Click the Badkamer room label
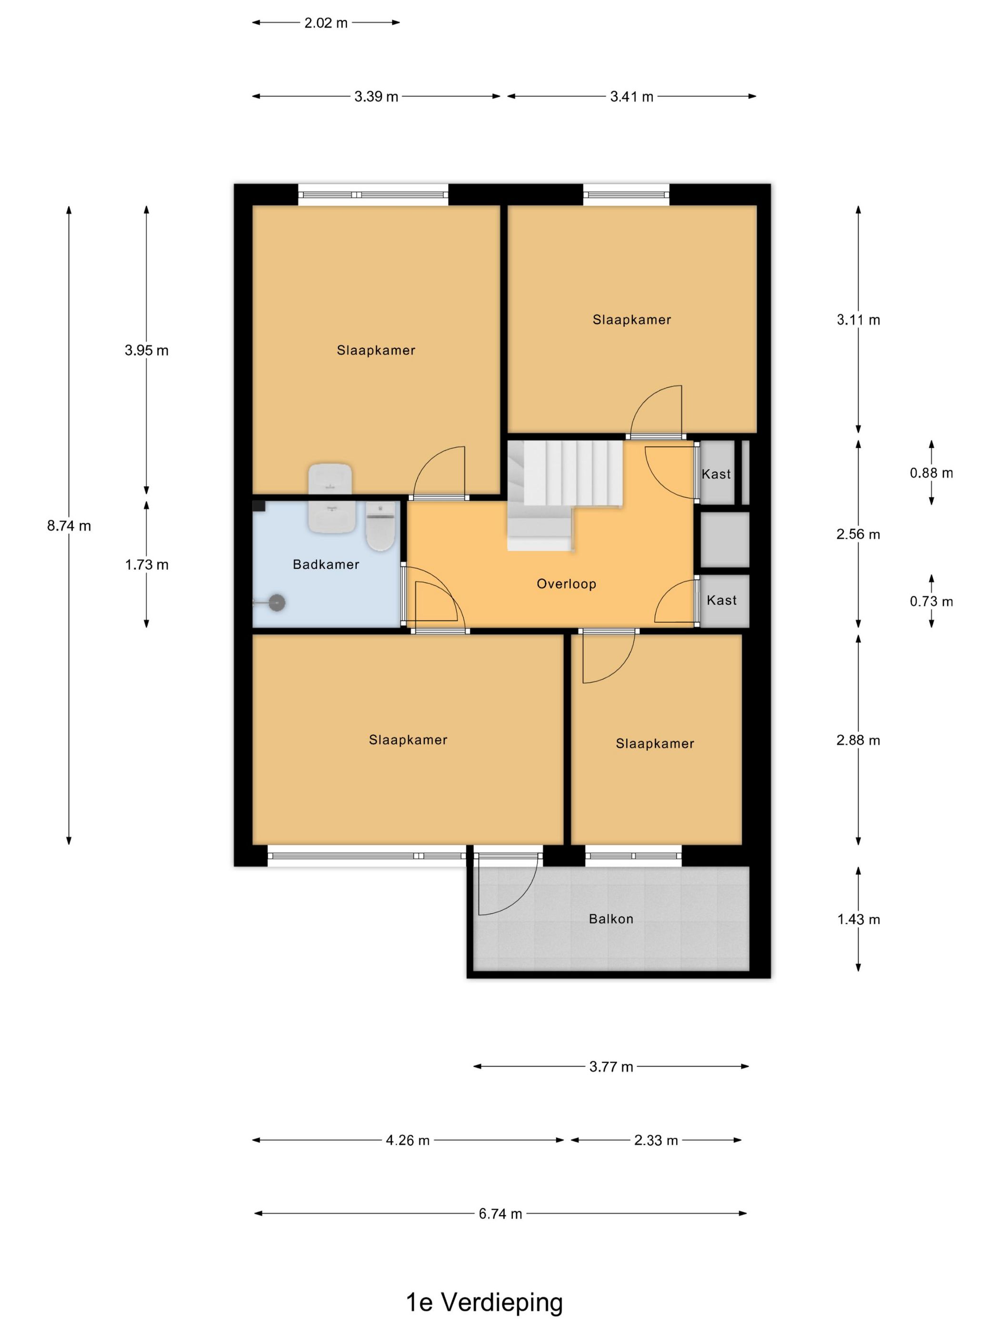coord(326,565)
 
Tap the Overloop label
coord(567,584)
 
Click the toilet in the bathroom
coord(380,526)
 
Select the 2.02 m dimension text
coord(326,23)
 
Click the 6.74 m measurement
coord(500,1213)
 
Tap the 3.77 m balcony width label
coord(611,1067)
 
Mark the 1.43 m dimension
coord(859,920)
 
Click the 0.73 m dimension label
coord(931,601)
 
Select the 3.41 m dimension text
coord(632,97)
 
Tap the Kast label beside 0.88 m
coord(716,474)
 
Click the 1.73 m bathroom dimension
coord(147,565)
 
